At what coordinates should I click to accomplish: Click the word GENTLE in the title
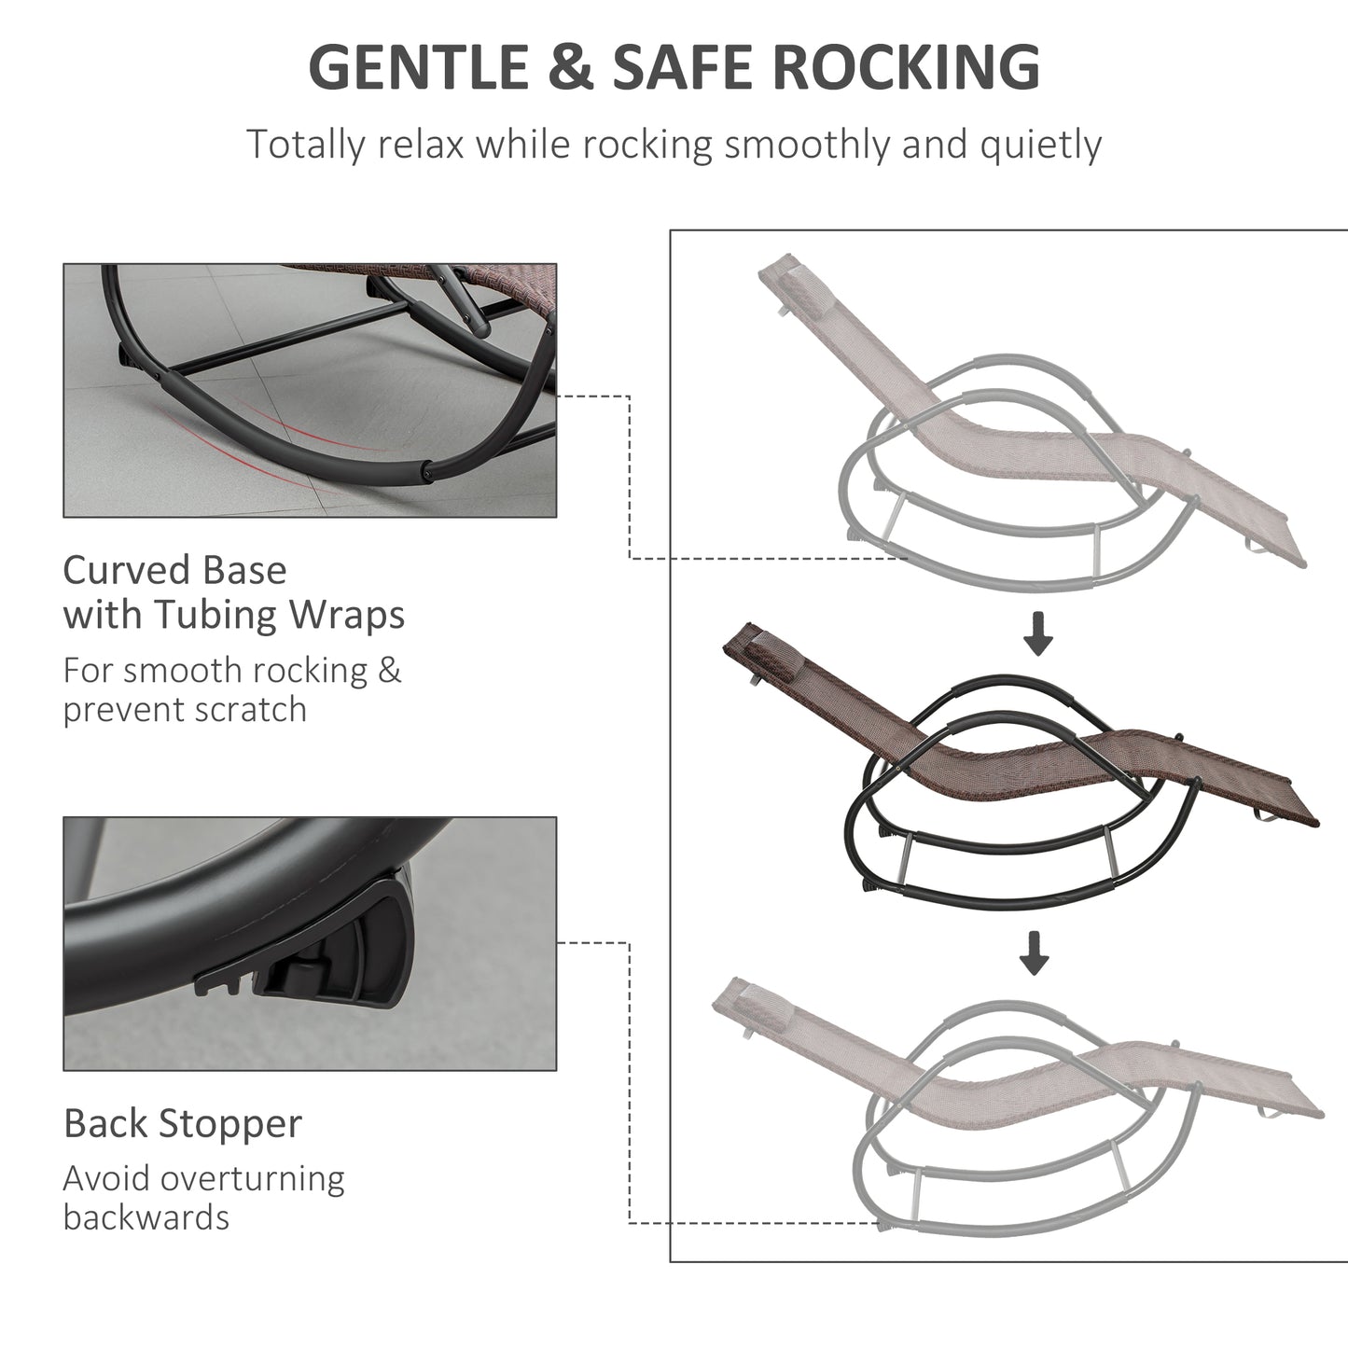click(419, 67)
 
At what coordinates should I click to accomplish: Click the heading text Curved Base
click(174, 570)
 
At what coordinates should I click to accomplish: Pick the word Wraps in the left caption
click(347, 616)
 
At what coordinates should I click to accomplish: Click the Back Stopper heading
click(183, 1123)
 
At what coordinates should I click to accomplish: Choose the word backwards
click(146, 1218)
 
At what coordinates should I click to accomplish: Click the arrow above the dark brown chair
click(1038, 633)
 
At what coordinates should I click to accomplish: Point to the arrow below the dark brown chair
click(1035, 952)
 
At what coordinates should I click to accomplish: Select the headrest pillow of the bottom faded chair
click(757, 1007)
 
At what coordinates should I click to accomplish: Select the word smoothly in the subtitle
click(808, 146)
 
